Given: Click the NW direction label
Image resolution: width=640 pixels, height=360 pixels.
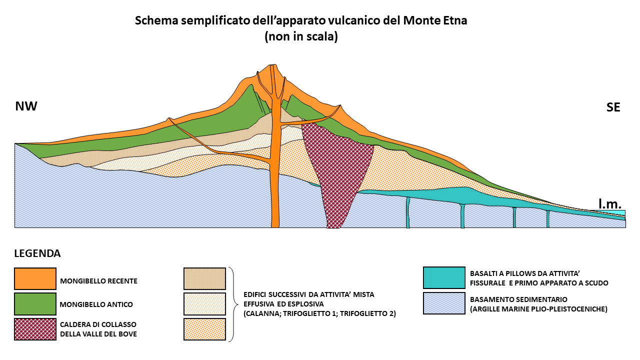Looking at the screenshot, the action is click(26, 106).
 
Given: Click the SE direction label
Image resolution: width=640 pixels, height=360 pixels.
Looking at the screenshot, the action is click(613, 107).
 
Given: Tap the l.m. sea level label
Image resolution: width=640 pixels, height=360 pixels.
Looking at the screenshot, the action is click(610, 203).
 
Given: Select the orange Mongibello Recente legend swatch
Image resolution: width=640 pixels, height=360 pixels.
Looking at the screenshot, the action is click(35, 278).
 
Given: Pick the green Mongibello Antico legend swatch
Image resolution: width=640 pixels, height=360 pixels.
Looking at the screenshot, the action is click(35, 303).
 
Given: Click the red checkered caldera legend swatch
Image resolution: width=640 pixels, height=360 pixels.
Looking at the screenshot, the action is click(35, 329).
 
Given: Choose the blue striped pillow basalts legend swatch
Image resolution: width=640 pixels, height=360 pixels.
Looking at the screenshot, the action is click(444, 277).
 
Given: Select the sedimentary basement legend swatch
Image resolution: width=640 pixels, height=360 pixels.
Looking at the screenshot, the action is click(444, 303).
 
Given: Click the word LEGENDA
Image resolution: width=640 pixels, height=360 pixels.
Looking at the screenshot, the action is click(37, 253).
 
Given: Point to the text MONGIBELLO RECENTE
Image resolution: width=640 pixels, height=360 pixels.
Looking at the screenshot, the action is click(98, 281).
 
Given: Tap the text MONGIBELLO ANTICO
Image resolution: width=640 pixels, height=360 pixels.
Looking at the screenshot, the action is click(96, 304).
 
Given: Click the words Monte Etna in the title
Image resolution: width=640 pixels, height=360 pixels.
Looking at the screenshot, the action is click(435, 20).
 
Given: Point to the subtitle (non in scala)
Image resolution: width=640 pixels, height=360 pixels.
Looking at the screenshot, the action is click(301, 36).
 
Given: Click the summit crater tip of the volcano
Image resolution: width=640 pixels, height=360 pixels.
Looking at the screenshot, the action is click(273, 65).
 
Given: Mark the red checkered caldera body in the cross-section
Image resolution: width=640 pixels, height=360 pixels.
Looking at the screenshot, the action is click(337, 165).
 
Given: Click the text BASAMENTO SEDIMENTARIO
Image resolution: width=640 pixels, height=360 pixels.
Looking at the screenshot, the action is click(518, 299).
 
